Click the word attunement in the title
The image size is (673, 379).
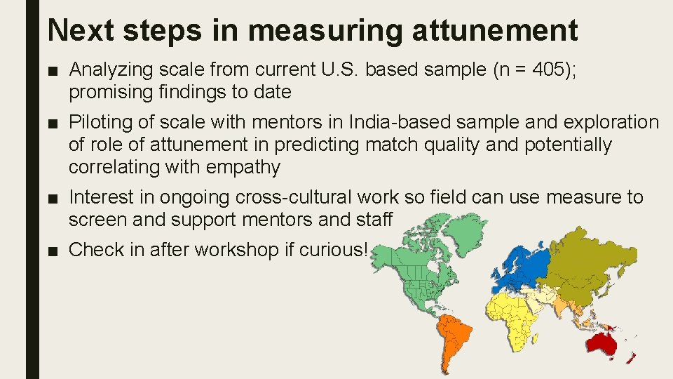(496, 29)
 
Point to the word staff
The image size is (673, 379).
(374, 220)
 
